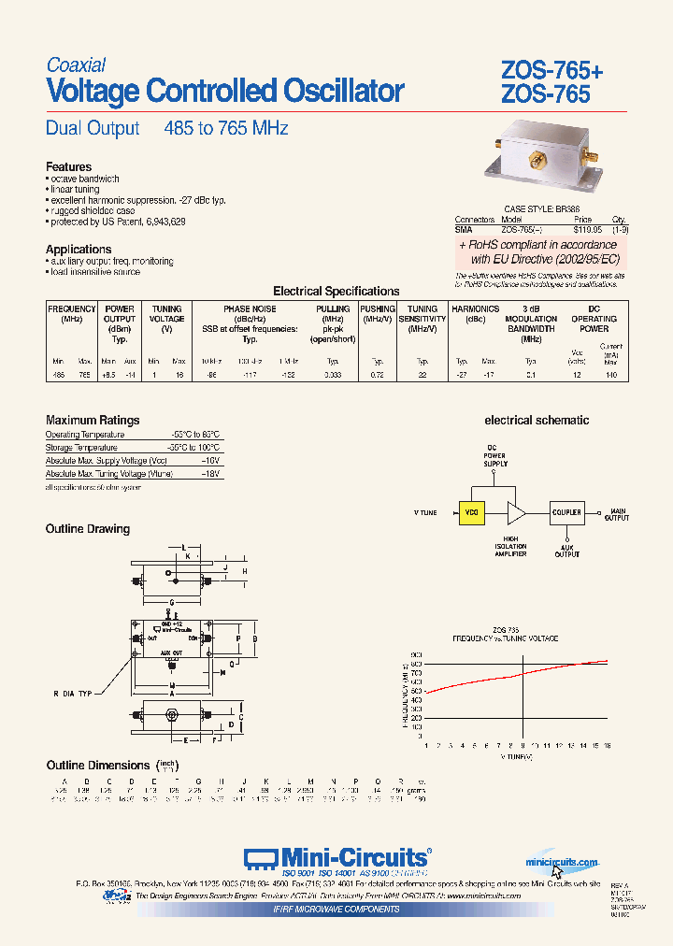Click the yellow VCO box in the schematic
pos(471,512)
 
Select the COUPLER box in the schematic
pos(566,512)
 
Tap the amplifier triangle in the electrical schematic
pos(515,512)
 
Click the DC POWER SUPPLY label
pos(494,457)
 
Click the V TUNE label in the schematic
pos(425,513)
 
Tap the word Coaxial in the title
pos(76,64)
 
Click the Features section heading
pos(69,166)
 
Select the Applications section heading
pos(79,249)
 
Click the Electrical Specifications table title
pos(336,291)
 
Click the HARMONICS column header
pos(475,308)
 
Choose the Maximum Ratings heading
pos(93,420)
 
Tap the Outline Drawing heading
pos(88,529)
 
